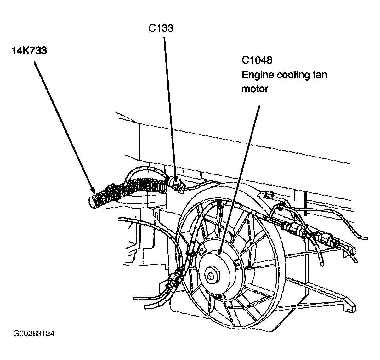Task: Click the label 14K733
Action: click(x=29, y=50)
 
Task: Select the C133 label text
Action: click(x=161, y=28)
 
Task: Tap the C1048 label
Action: click(x=257, y=60)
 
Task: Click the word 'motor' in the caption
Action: click(x=255, y=89)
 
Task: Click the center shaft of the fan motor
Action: click(x=211, y=274)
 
